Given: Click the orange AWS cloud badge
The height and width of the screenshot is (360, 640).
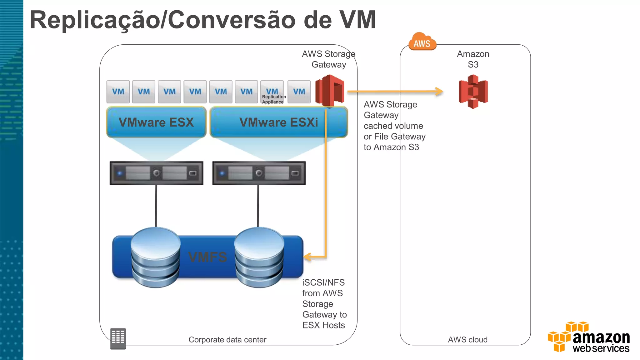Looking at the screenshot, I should tap(422, 42).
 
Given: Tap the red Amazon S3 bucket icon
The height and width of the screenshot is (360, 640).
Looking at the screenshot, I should tap(473, 92).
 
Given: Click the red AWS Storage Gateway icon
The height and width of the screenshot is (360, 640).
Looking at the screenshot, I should tap(329, 90).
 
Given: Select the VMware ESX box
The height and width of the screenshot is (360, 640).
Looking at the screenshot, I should tap(156, 122).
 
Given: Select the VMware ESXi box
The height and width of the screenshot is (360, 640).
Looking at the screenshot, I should tap(278, 122).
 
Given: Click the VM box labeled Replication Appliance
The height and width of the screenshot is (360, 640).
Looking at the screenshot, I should tap(272, 92).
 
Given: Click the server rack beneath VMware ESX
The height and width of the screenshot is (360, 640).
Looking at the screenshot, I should tap(156, 173).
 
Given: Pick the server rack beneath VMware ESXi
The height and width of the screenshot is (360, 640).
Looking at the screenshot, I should tap(259, 173).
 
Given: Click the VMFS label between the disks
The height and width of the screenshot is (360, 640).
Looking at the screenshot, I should tap(207, 257).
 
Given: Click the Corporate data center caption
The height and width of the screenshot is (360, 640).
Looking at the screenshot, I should tap(227, 340).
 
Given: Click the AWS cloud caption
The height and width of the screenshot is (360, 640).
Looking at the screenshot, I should tap(467, 340).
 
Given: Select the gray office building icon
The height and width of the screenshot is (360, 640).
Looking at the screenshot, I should tap(118, 338).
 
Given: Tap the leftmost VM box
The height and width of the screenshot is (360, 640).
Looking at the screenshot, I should tap(118, 92).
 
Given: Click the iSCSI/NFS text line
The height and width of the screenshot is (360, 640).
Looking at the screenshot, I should tap(323, 282).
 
